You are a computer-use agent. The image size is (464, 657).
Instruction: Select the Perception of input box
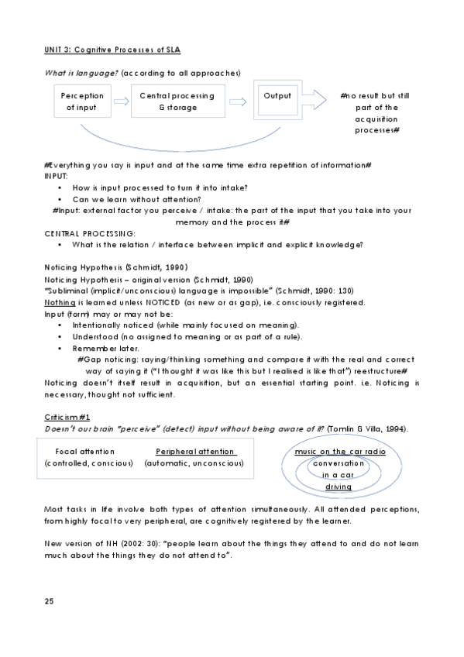(82, 101)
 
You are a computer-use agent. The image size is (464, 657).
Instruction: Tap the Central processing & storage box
(177, 101)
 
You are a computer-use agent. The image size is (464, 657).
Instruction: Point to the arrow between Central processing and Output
(242, 101)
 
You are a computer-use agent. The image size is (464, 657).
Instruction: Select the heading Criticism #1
(67, 417)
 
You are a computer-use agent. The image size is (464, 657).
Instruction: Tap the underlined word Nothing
(58, 302)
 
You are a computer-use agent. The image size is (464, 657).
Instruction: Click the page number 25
(49, 600)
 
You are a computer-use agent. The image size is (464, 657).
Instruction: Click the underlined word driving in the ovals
(339, 487)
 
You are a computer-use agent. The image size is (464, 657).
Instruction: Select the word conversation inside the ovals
(339, 463)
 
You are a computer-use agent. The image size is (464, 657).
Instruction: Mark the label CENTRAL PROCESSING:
(90, 233)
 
